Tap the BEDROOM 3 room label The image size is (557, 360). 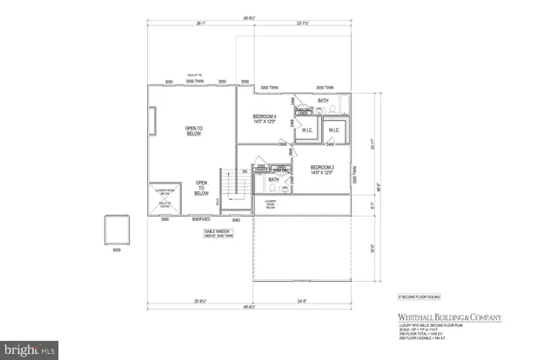[x=323, y=169]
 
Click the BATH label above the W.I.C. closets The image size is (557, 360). [x=323, y=101]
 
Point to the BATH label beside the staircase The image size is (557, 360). [x=273, y=179]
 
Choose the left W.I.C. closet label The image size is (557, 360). [x=306, y=131]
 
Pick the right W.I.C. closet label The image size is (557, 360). [x=334, y=131]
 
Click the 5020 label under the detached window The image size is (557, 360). [x=117, y=251]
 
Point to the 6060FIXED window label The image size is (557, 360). [x=205, y=220]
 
